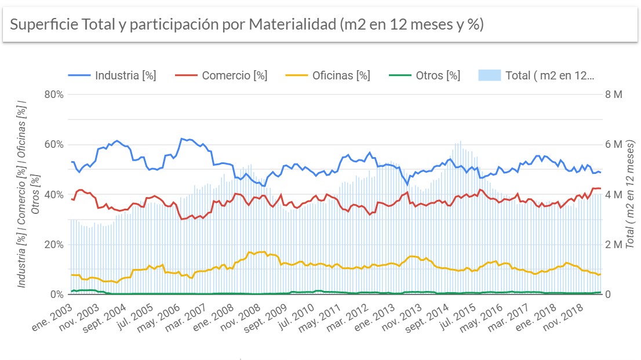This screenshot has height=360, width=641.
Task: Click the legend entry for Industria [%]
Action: coord(125,75)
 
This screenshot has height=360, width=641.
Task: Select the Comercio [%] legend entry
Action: coord(234,75)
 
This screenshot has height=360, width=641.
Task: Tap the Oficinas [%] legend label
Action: coord(341,75)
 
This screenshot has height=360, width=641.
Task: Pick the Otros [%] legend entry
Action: coord(438,75)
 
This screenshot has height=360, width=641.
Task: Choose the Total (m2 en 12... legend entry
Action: coord(549,75)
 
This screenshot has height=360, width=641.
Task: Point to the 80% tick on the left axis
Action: coord(53,94)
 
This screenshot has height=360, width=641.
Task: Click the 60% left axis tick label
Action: coord(53,144)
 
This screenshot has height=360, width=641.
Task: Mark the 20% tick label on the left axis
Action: coord(53,245)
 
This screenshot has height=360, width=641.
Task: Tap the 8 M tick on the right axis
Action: coord(614,94)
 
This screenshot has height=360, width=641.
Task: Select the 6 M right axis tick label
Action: coord(614,144)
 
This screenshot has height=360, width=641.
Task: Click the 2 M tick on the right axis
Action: coord(614,245)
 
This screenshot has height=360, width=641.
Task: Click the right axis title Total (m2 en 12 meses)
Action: coord(631,194)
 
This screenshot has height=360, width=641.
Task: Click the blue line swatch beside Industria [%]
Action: coord(79,75)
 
